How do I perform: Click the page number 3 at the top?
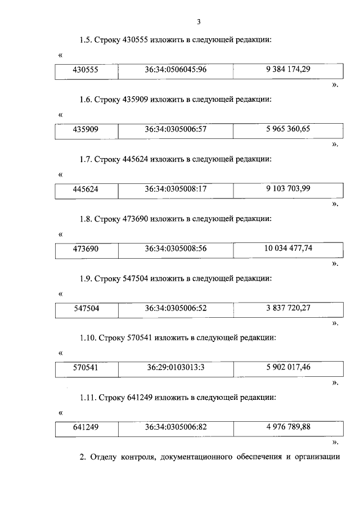[199, 22]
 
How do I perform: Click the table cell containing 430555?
[86, 70]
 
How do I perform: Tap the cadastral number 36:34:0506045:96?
[176, 70]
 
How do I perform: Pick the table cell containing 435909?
[86, 129]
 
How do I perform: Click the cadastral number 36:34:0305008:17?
[176, 189]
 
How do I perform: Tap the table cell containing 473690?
[86, 249]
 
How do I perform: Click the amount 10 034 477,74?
[288, 248]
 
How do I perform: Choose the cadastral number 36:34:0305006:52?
[176, 308]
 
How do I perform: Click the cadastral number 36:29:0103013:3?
[176, 368]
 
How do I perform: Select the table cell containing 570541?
[86, 368]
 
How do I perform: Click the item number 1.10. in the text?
[88, 338]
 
